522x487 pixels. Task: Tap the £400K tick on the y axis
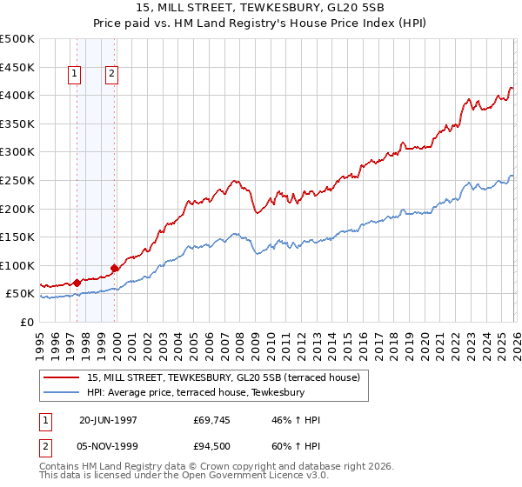point(17,96)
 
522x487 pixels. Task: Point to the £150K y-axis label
point(17,237)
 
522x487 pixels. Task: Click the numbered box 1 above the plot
point(75,75)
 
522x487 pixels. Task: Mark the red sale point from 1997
point(77,283)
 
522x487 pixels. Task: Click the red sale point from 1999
point(114,269)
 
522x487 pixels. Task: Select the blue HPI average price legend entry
point(196,393)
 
